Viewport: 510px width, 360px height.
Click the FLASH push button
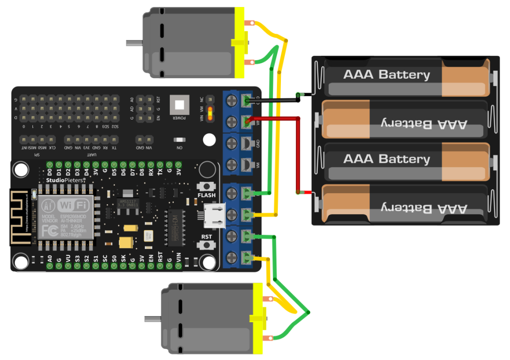coord(206,186)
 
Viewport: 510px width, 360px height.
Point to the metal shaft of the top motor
coord(133,43)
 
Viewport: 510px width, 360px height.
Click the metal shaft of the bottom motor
coord(152,318)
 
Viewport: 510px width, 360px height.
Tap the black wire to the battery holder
coord(279,101)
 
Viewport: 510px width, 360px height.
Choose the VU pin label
coord(68,259)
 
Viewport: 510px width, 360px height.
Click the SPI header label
coord(36,154)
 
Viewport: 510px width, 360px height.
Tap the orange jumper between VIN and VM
coord(211,113)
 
